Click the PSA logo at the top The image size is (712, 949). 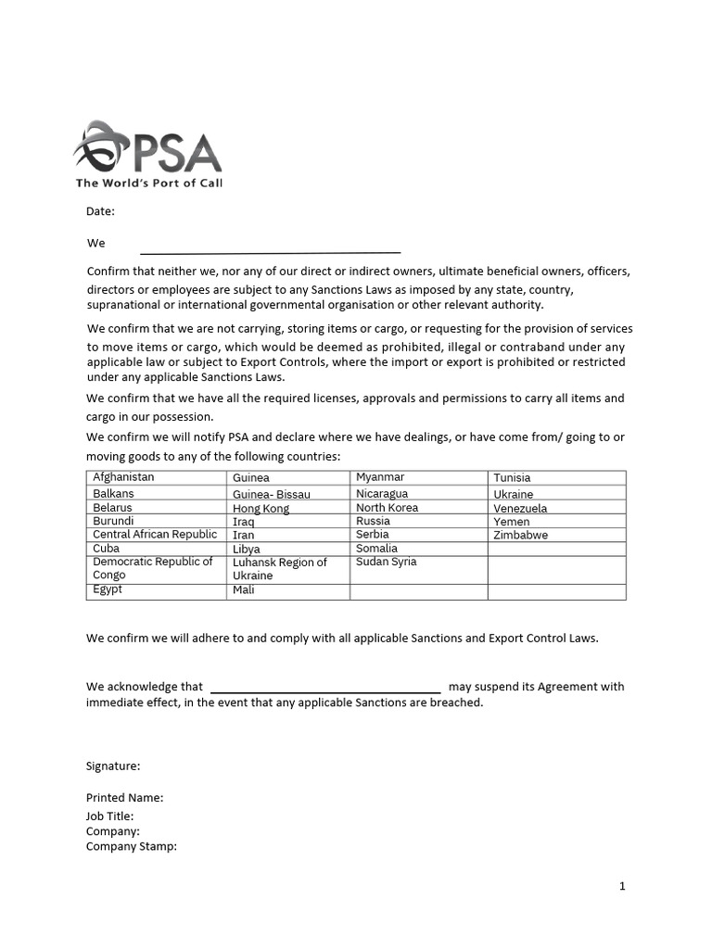click(x=147, y=147)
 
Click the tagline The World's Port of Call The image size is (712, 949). click(x=149, y=183)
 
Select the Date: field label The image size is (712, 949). click(x=100, y=211)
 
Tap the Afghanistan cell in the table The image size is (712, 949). click(x=123, y=477)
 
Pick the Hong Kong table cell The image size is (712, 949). click(x=261, y=508)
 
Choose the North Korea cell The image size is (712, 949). click(x=387, y=508)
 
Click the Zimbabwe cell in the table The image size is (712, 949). click(x=520, y=535)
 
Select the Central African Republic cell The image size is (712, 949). click(x=155, y=535)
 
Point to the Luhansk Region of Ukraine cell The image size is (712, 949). click(x=279, y=569)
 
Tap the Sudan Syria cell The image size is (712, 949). click(x=386, y=562)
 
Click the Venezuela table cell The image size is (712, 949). click(x=520, y=508)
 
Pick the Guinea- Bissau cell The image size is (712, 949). click(x=271, y=494)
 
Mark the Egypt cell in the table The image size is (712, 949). click(x=108, y=589)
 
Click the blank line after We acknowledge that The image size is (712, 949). click(x=326, y=689)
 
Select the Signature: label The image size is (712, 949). click(x=113, y=766)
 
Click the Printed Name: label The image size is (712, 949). click(x=124, y=797)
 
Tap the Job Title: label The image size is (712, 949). click(x=109, y=816)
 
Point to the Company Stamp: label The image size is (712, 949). click(x=131, y=846)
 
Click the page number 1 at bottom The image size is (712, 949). click(x=622, y=886)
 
